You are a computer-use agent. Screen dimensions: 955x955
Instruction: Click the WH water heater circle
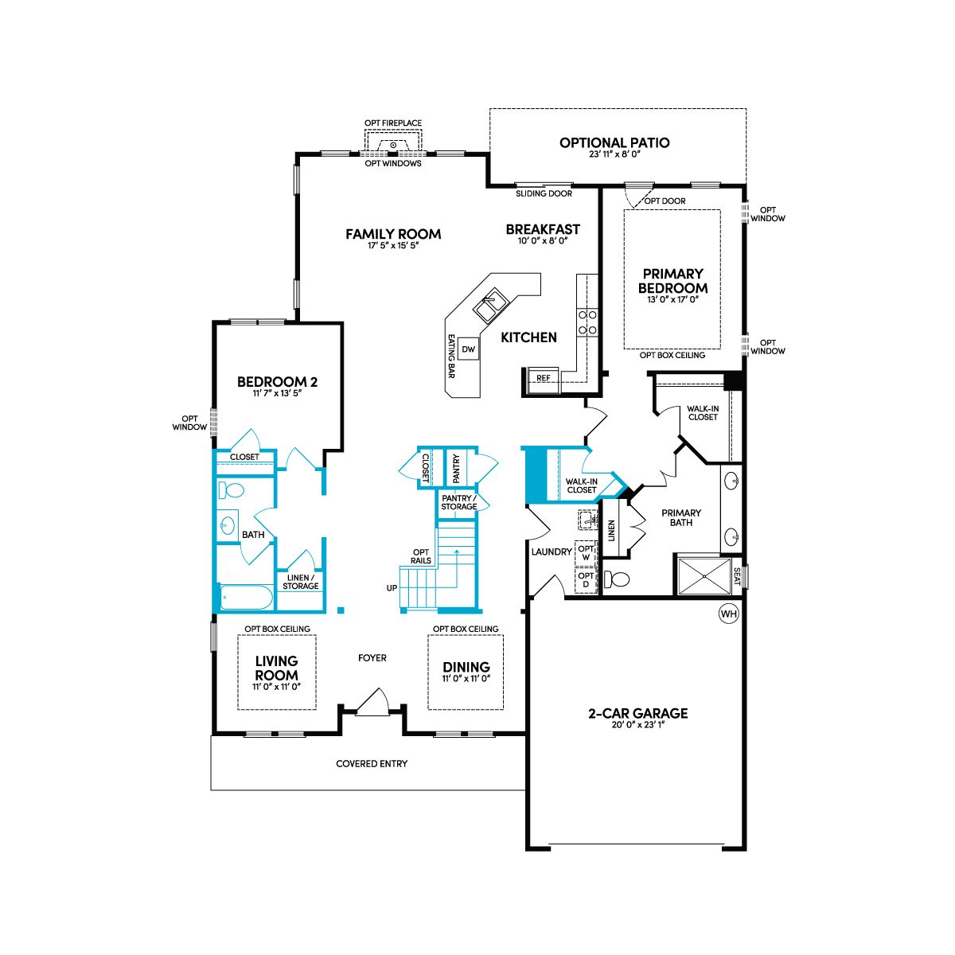(728, 614)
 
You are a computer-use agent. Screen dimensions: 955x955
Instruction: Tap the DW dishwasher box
(468, 349)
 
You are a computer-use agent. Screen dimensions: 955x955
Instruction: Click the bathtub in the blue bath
(246, 598)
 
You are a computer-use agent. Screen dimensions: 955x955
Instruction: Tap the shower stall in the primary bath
(704, 576)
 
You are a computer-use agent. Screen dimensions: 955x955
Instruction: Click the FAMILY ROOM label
(393, 234)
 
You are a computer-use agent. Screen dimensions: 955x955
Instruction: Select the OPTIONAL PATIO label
(614, 142)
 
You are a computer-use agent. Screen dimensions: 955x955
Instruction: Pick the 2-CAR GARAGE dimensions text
(637, 724)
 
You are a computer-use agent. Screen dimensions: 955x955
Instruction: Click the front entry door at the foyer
(372, 703)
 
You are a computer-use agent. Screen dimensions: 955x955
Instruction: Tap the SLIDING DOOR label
(544, 193)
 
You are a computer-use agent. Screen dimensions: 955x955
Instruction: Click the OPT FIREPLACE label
(393, 123)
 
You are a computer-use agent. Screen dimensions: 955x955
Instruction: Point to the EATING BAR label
(451, 357)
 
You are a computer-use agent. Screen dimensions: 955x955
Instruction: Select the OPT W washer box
(586, 552)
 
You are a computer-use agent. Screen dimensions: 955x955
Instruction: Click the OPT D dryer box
(586, 580)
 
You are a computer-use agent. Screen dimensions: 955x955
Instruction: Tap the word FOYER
(372, 658)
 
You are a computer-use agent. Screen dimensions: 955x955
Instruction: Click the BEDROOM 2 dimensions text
(278, 393)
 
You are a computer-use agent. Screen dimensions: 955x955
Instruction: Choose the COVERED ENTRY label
(372, 764)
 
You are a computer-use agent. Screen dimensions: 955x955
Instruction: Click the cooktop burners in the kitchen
(587, 322)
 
